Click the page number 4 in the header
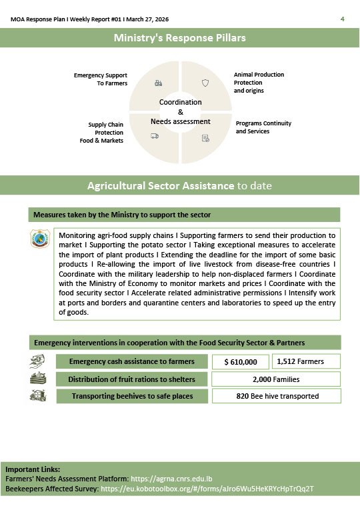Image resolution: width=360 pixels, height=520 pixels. pos(342,19)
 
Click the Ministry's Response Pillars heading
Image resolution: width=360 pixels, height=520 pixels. pos(180,38)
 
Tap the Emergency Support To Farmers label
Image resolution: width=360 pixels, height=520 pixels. pos(101,79)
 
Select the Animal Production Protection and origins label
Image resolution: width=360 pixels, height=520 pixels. pos(259,83)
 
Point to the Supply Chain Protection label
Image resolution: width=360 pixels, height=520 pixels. pos(105,133)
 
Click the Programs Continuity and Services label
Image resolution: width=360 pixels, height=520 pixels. pos(263,127)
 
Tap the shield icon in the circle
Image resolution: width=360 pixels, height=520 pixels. pos(205,83)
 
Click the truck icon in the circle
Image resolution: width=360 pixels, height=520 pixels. pos(155,136)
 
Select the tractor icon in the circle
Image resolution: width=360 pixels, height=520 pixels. pos(158,83)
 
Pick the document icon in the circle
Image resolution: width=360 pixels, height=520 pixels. pos(205,138)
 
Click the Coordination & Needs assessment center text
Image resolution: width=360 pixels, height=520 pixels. pos(180,112)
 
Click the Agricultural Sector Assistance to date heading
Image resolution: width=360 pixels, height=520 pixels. pos(180,185)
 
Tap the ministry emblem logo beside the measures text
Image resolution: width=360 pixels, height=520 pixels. pos(40,239)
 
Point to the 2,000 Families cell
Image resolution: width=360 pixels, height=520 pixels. pos(275,379)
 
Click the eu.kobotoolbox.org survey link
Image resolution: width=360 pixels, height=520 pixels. pos(207,489)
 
